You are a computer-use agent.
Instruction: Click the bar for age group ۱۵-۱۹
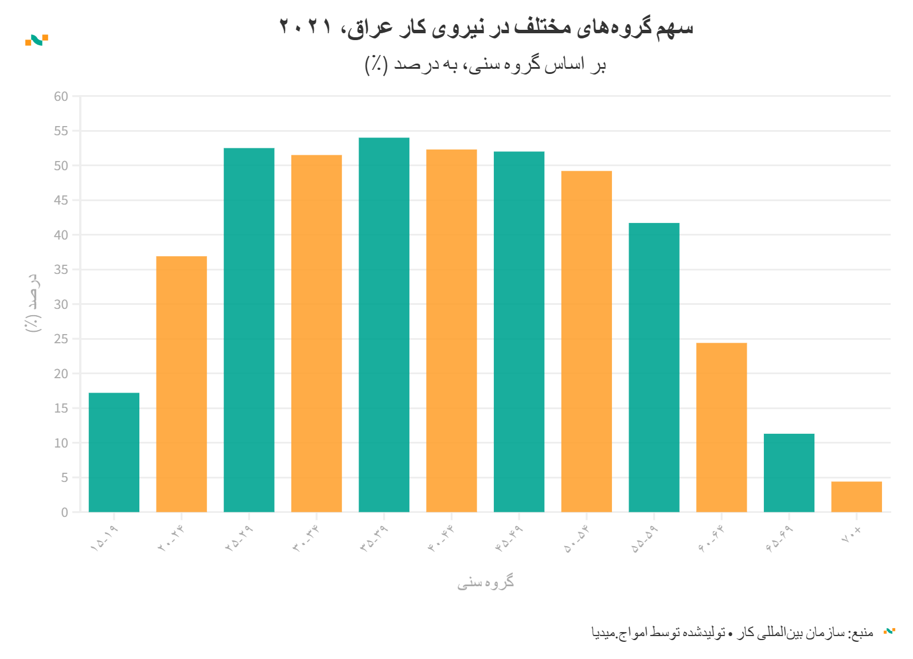coord(114,452)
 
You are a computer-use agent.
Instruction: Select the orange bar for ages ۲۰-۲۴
coord(181,384)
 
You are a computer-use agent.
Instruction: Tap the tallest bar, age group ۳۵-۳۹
coord(384,324)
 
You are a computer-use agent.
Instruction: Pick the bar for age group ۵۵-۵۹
coord(654,367)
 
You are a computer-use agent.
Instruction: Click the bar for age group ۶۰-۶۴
coord(721,427)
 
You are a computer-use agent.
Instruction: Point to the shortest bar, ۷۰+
coord(856,496)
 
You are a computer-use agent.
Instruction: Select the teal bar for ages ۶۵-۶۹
coord(789,473)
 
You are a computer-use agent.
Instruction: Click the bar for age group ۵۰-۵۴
coord(586,341)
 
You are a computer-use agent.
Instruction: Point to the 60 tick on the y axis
coord(61,97)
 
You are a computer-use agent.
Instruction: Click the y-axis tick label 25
coord(61,339)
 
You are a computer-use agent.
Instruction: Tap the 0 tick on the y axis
coord(64,512)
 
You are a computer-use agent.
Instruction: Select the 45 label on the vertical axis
coord(61,201)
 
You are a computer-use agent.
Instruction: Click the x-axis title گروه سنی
coord(485,583)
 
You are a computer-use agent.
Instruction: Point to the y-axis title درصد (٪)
coord(33,303)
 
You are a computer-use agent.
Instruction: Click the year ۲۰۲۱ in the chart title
coord(305,27)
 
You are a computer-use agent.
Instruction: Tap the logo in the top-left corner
coord(37,40)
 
